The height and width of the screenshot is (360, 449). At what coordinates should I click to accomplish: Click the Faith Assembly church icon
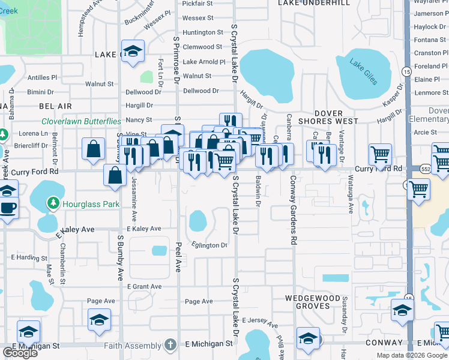coord(170,345)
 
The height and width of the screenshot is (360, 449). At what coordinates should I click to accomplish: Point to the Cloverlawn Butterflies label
coord(81,121)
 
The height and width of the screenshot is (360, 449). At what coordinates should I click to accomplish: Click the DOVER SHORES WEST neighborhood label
coord(328,117)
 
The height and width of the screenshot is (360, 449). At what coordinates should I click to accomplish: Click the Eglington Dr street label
coord(209,245)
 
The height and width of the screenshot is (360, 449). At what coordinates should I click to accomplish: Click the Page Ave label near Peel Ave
coord(199,301)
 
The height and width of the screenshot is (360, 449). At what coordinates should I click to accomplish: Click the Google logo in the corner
coord(20,353)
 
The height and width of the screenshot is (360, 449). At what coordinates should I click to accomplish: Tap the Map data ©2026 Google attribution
coord(412,355)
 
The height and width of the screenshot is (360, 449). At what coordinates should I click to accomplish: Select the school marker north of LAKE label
coord(133,50)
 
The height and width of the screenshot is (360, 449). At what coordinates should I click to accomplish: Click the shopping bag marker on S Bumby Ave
coord(115,175)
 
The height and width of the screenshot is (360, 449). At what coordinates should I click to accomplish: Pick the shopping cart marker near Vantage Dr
coord(381,154)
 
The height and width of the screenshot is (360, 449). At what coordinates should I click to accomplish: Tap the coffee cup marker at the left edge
coord(7,208)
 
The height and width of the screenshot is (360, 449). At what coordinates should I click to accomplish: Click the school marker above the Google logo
coord(28,332)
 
